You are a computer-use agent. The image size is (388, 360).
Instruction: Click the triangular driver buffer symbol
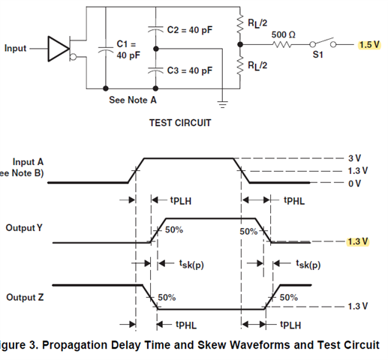point(59,49)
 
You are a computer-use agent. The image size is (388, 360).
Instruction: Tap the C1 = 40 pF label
point(128,49)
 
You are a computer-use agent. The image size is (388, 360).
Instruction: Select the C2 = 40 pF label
point(190,30)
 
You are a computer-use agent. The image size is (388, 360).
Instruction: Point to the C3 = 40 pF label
point(190,70)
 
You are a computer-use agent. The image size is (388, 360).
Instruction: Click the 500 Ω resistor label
point(284,34)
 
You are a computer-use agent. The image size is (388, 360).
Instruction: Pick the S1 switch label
point(317,55)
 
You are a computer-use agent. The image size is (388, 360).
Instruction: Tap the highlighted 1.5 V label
point(369,45)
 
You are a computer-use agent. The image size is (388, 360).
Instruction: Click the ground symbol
point(222,104)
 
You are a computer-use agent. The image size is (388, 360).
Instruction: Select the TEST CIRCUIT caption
point(180,123)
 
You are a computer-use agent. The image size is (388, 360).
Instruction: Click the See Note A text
point(133,100)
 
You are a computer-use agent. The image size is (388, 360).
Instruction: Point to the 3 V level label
point(355,158)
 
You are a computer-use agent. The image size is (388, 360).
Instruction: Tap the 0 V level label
point(355,184)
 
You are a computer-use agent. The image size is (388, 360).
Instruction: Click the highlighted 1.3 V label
point(358,241)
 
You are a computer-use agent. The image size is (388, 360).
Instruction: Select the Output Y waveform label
point(24,228)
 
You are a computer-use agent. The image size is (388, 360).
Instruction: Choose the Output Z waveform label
point(25,297)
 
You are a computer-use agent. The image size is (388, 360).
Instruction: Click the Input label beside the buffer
point(15,48)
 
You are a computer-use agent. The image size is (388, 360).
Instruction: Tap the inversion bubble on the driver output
point(73,57)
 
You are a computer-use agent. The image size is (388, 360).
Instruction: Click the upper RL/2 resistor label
point(257,23)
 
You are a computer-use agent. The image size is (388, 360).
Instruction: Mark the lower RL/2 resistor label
point(257,66)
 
